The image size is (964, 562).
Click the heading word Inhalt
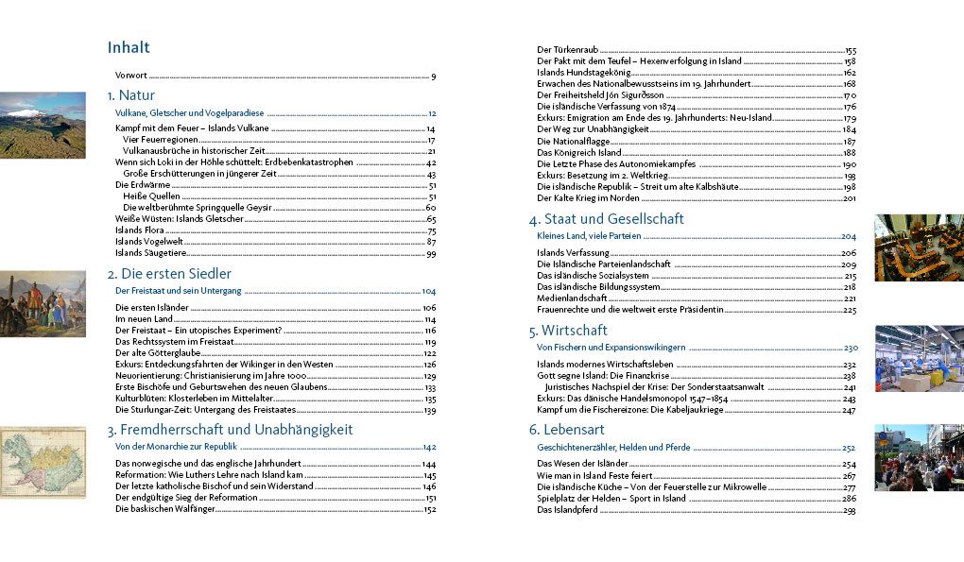click(x=129, y=48)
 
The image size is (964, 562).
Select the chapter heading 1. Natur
click(x=130, y=95)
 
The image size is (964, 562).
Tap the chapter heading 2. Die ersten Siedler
click(x=169, y=274)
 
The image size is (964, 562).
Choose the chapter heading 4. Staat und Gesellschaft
click(x=606, y=219)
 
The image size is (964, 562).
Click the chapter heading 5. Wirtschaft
click(x=568, y=331)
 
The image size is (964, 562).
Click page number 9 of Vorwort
click(x=433, y=77)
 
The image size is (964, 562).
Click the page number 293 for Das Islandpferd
click(x=849, y=510)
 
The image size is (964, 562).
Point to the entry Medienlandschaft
click(x=572, y=298)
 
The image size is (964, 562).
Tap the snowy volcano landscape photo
click(x=42, y=125)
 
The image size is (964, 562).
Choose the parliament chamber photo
click(x=919, y=247)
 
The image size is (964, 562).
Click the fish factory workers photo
click(x=919, y=358)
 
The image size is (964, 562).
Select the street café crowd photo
click(x=919, y=457)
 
